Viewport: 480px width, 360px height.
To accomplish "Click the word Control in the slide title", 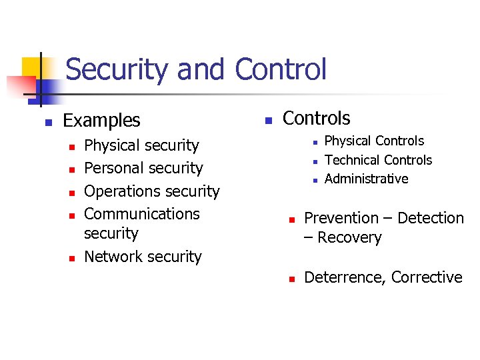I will [x=281, y=70].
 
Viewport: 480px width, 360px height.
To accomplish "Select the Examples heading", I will [x=101, y=121].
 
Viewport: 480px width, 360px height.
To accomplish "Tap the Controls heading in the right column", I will [x=316, y=119].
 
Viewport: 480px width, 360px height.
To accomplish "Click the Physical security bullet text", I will [x=141, y=145].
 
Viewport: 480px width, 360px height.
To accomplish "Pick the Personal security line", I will [x=143, y=168].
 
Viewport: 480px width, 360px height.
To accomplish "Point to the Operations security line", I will [x=151, y=191].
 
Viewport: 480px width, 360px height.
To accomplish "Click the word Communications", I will [x=142, y=214].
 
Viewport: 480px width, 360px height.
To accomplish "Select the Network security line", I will [x=143, y=257].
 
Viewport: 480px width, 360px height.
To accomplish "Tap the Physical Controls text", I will [x=373, y=141].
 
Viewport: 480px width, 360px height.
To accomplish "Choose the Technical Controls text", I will [x=378, y=160].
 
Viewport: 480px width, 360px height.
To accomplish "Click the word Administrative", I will [x=366, y=179].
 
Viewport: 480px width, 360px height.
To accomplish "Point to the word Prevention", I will [x=341, y=218].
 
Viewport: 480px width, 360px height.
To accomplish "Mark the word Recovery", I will [x=349, y=238].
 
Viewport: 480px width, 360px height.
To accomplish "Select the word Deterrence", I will [x=345, y=277].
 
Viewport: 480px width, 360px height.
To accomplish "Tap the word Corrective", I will [x=427, y=277].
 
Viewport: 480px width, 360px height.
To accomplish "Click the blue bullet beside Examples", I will [x=48, y=122].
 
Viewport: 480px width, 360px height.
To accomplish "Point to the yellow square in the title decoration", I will [x=31, y=67].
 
